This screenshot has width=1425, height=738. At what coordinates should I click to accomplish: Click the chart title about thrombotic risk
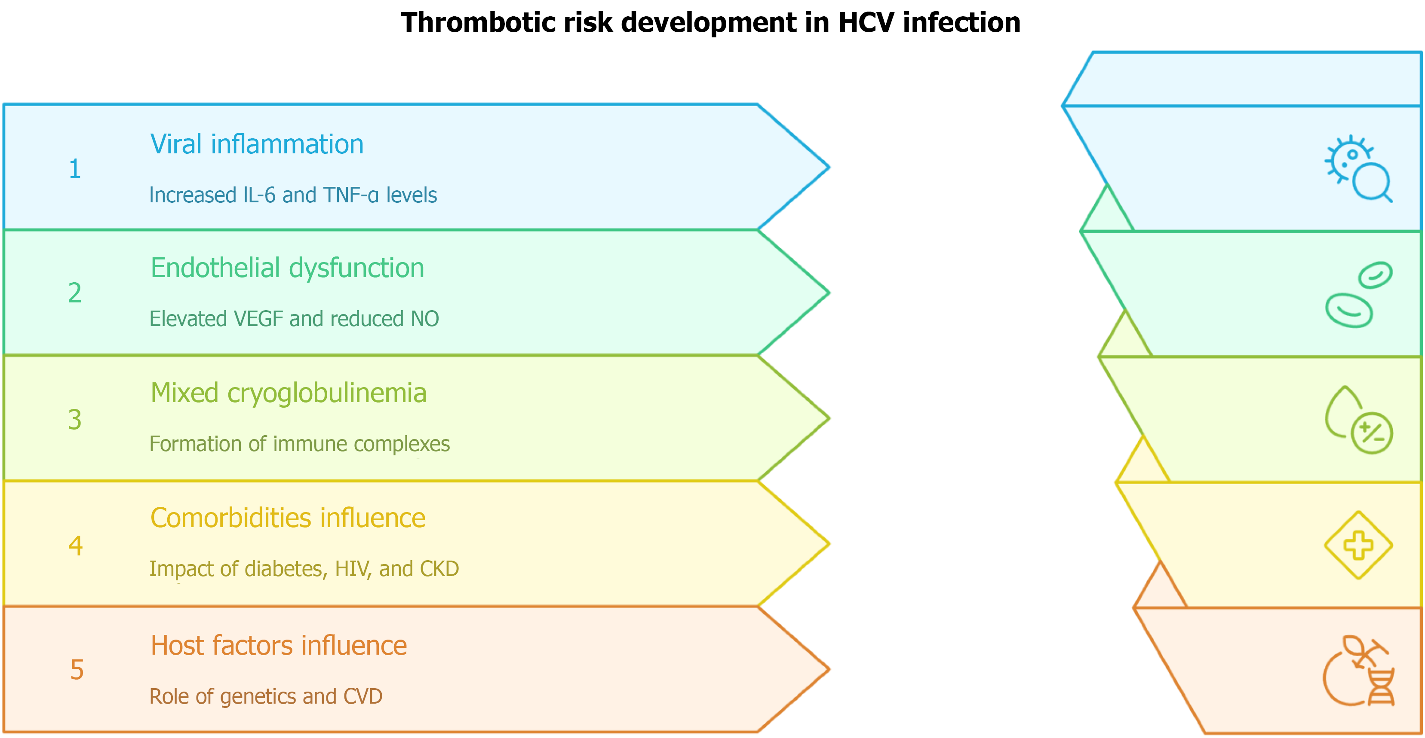(710, 23)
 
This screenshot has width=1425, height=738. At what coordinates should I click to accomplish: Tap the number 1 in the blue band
(75, 169)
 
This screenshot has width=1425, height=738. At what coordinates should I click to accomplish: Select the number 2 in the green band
(75, 293)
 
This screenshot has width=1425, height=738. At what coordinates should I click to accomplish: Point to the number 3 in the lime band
(75, 420)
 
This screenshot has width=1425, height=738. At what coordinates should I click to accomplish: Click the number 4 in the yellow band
(75, 546)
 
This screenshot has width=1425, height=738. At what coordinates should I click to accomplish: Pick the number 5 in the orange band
(77, 669)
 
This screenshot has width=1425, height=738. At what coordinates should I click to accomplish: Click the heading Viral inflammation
(257, 144)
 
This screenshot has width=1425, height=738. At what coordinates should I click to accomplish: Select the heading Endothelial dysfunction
(288, 268)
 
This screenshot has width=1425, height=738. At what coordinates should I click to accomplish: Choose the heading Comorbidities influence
(288, 518)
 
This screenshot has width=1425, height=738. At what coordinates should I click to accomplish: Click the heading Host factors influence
(279, 646)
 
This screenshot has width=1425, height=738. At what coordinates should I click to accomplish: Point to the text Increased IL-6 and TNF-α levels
(293, 195)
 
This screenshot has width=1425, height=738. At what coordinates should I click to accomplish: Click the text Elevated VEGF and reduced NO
(294, 319)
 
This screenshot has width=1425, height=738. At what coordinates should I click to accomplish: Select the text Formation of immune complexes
(300, 444)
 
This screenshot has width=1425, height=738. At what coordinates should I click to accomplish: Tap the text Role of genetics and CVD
(266, 696)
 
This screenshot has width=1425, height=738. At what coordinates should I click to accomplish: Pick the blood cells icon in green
(1359, 295)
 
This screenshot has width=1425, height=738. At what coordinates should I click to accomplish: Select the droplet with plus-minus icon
(1359, 420)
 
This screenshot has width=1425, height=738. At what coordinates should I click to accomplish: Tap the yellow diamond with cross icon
(1359, 546)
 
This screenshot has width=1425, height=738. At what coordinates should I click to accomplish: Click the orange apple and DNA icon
(1359, 671)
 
